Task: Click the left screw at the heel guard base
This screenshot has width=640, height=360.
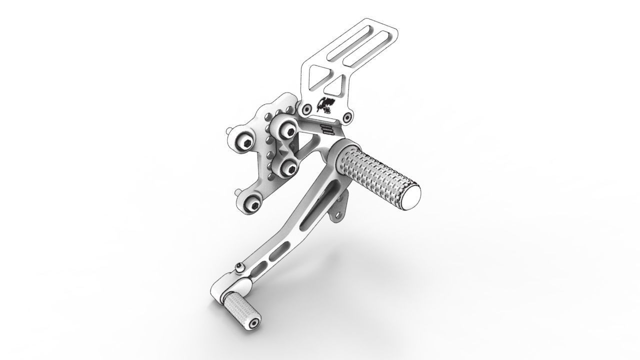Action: tap(305, 109)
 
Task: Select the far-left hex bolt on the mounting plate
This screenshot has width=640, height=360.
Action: tap(244, 143)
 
